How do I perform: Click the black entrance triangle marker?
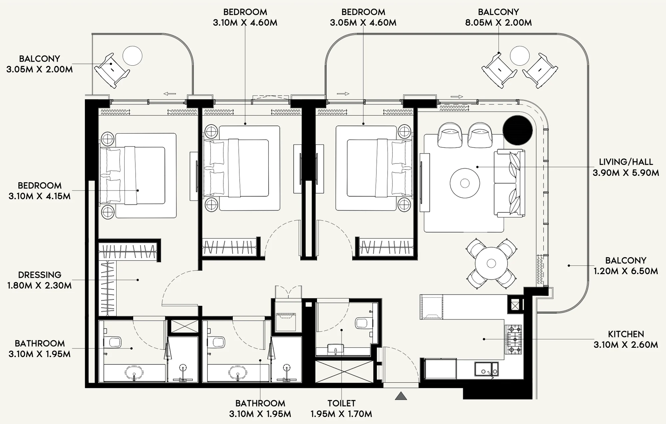click(x=401, y=396)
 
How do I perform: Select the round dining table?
click(x=491, y=263)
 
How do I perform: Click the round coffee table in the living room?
click(x=465, y=183)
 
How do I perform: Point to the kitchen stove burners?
click(x=513, y=339)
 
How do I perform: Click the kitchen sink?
click(x=487, y=369)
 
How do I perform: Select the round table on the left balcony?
click(x=132, y=56)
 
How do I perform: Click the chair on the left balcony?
click(x=112, y=70)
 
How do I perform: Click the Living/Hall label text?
click(x=626, y=162)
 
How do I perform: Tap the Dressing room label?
click(x=40, y=275)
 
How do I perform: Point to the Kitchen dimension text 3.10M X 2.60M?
click(x=626, y=345)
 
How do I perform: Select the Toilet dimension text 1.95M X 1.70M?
click(x=341, y=414)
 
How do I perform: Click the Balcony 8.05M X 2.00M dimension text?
click(x=499, y=23)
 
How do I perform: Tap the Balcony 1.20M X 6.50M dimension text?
click(x=626, y=271)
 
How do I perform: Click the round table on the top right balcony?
click(x=519, y=56)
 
